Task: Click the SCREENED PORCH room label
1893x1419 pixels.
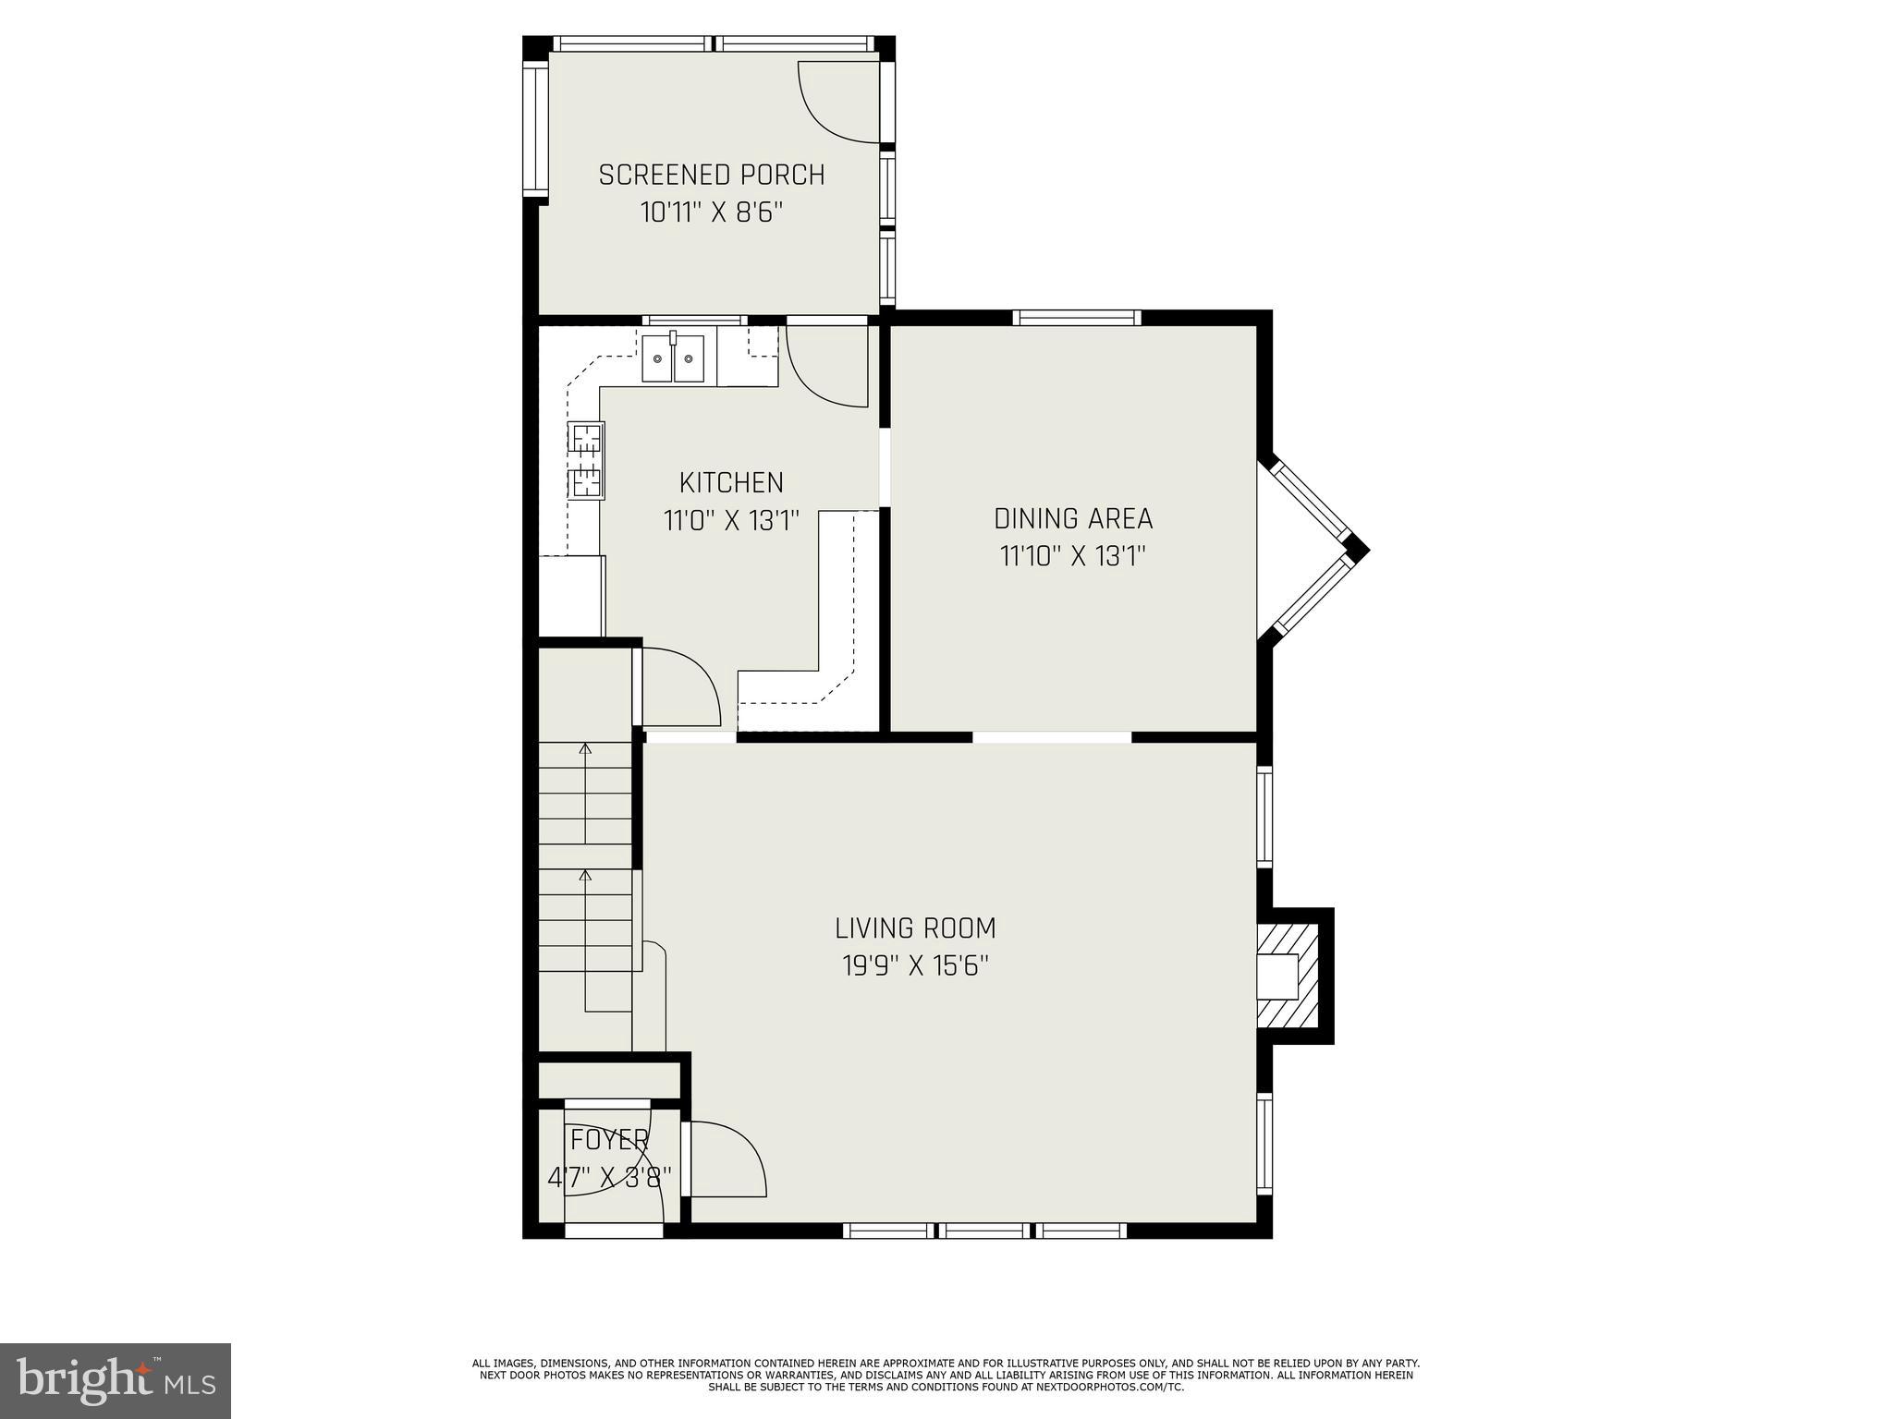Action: (711, 175)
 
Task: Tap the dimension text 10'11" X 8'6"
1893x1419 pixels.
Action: (711, 213)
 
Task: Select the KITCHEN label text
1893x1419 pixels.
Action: (731, 482)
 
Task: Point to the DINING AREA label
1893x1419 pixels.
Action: (1073, 518)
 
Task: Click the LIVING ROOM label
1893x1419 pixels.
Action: (915, 928)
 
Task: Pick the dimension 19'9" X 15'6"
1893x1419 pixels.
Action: (915, 966)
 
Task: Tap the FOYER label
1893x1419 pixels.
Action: (609, 1140)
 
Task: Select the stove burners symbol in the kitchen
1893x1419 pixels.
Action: (585, 460)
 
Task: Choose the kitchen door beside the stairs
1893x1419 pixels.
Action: (679, 687)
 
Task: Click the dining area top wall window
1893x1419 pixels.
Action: (1076, 318)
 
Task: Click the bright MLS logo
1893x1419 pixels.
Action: (116, 1380)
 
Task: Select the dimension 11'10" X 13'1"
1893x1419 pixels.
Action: (1073, 557)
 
